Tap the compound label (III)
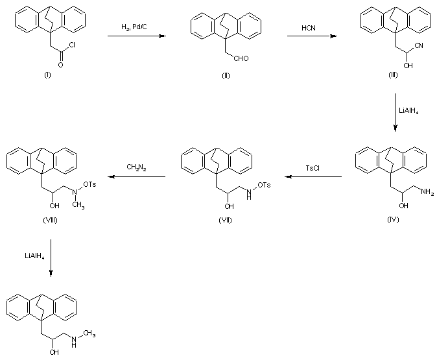coord(393,76)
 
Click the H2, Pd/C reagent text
coord(134,27)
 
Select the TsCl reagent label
coord(314,167)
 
